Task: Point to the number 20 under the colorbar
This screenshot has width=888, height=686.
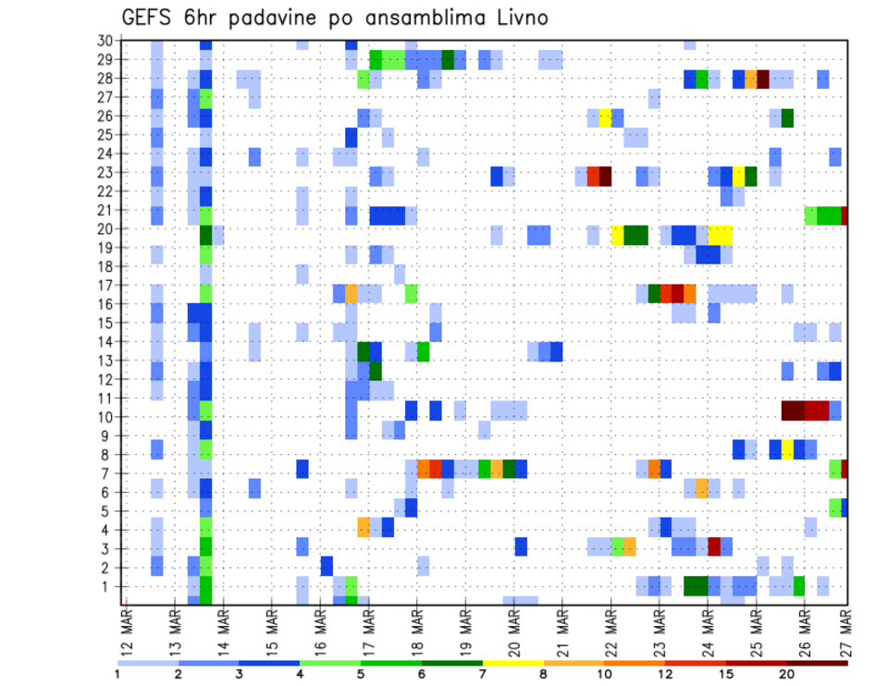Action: pyautogui.click(x=786, y=674)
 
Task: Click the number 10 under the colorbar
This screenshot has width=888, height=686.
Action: pyautogui.click(x=605, y=674)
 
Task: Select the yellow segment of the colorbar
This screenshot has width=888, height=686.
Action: pyautogui.click(x=513, y=663)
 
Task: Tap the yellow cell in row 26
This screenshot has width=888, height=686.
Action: pyautogui.click(x=605, y=117)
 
